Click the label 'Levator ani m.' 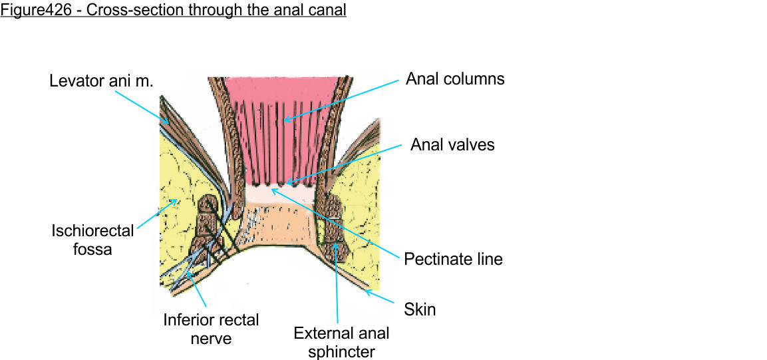click(101, 81)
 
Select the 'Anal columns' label click(455, 79)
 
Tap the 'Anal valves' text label click(452, 144)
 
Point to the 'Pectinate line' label click(453, 258)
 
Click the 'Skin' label click(420, 309)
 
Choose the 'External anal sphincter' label click(341, 341)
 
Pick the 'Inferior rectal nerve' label click(211, 329)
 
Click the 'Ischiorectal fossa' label click(92, 240)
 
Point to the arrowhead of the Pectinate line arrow click(272, 190)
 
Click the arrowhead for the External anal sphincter click(335, 244)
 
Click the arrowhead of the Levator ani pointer click(167, 122)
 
